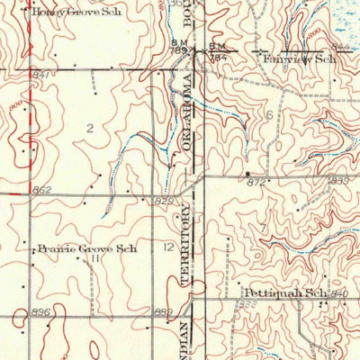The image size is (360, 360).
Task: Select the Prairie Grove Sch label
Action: point(85,247)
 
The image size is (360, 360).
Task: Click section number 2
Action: point(89,128)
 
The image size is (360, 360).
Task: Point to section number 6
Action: point(268,116)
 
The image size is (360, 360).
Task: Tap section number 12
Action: point(168,245)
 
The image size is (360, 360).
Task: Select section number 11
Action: point(94,257)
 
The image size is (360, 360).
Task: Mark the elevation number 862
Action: point(41,190)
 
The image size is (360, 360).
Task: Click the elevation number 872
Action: point(257,183)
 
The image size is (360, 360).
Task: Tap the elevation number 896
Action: point(41,311)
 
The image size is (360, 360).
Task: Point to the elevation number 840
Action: point(339,295)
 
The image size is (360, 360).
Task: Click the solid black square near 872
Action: point(247,172)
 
